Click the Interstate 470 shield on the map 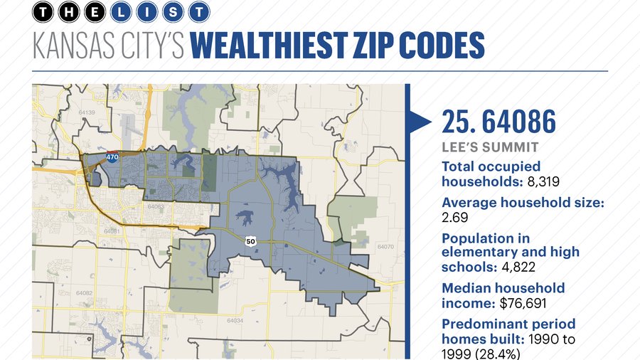coord(112,157)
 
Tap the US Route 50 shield coord(250,241)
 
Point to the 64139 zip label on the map coord(87,113)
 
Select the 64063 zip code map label coord(156,207)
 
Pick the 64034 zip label coord(235,320)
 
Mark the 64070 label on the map coord(385,247)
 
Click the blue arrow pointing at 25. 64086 coord(420,122)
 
